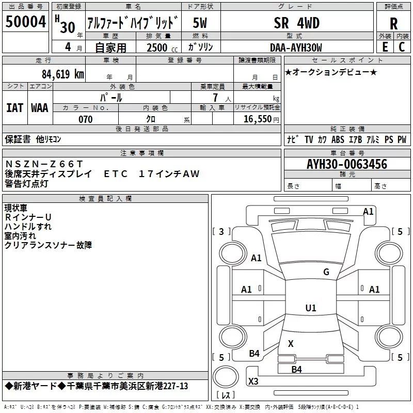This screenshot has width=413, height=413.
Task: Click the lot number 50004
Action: point(25,22)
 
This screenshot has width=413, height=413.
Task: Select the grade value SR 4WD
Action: point(296,23)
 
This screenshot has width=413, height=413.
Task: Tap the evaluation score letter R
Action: point(393,24)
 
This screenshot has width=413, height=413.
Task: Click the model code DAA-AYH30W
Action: point(295,47)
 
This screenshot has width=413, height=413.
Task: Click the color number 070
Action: point(85,119)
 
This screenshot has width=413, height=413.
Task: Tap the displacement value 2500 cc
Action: point(158,47)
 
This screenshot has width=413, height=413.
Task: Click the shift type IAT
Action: point(14,107)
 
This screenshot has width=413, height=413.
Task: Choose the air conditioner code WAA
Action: point(40,107)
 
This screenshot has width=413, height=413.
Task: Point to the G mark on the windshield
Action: point(326,272)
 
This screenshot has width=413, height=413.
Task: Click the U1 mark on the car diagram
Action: point(310,308)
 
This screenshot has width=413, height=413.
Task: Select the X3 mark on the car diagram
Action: point(253,382)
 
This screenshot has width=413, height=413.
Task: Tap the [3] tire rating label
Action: point(221,231)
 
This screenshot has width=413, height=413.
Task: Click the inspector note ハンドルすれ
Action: point(28,226)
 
